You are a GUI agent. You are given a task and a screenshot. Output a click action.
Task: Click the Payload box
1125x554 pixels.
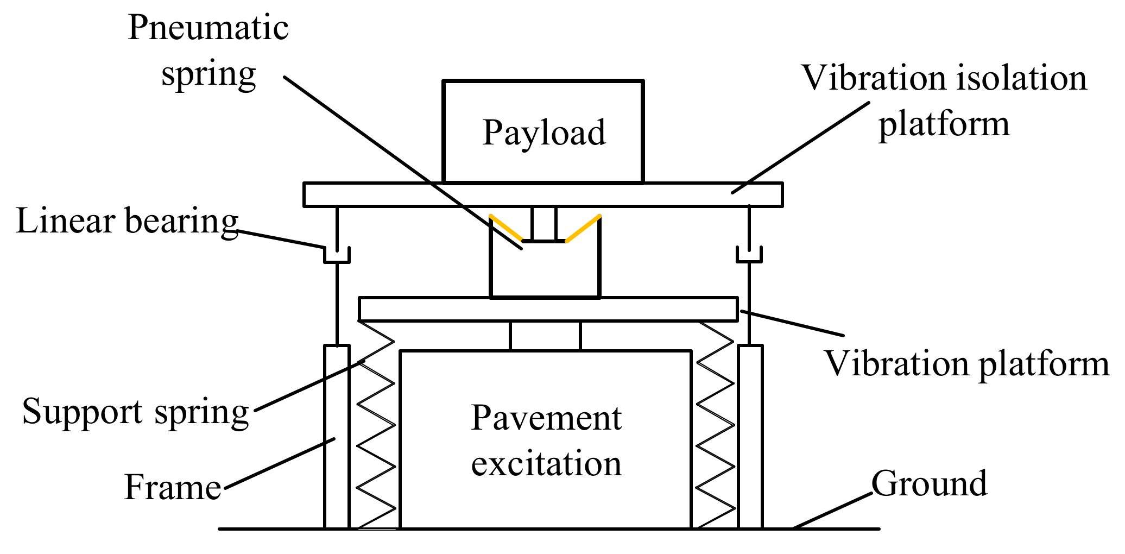point(543,132)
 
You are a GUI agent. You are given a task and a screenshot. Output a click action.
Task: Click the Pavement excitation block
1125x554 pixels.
point(546,440)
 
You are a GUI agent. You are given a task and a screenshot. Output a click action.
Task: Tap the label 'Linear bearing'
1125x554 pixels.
point(127,221)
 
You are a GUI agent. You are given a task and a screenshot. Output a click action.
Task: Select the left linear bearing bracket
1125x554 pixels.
point(337,255)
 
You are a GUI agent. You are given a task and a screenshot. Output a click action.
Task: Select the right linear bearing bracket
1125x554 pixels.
point(749,255)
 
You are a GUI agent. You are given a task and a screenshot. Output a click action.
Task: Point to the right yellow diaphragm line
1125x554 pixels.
point(583,228)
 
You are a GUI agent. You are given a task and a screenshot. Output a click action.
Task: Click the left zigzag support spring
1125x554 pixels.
point(376,424)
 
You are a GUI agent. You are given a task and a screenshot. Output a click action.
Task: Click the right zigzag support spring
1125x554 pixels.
point(716,424)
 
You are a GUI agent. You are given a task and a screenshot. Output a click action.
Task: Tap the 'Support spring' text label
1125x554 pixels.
point(136,412)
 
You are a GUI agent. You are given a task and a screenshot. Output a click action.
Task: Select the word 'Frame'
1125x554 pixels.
point(173,487)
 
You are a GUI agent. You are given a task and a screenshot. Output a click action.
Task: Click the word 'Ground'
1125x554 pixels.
point(929,483)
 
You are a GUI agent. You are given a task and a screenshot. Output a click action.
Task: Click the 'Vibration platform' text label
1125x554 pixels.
point(966,363)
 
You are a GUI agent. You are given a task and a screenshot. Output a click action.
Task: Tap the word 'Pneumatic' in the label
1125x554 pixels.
point(208,28)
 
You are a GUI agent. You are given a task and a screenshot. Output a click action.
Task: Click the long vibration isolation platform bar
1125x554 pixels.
point(543,194)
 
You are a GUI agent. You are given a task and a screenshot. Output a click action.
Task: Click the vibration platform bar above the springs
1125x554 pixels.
point(548,309)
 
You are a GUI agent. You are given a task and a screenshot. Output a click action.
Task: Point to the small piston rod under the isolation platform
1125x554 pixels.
point(544,224)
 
